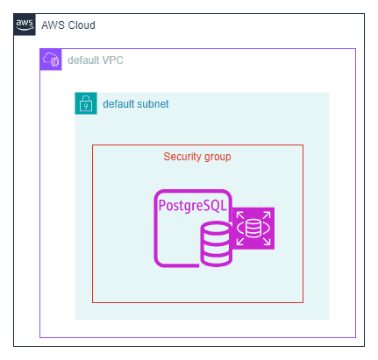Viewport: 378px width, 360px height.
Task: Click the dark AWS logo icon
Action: click(25, 25)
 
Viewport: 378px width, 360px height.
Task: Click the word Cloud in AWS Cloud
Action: click(82, 25)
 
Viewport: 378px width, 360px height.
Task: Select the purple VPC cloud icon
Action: click(51, 60)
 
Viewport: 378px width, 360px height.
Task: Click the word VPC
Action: click(112, 60)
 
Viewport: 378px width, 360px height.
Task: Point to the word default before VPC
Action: click(83, 60)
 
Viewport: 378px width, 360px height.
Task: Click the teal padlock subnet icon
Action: click(86, 103)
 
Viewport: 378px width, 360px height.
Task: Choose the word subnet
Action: click(153, 104)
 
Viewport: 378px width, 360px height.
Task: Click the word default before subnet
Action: click(118, 104)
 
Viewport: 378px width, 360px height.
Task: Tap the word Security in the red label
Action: click(182, 157)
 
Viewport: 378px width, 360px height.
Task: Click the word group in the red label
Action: click(218, 158)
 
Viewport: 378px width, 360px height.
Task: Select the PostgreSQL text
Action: click(192, 206)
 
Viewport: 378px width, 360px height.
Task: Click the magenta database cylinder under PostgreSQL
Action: click(216, 244)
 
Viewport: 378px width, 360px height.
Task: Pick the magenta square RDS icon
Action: click(253, 229)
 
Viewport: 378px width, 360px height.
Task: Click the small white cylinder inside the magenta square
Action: click(253, 229)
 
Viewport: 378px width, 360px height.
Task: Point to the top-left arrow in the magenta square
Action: click(240, 215)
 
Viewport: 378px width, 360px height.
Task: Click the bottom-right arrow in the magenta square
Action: click(267, 241)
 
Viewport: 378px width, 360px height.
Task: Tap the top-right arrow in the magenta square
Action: click(267, 215)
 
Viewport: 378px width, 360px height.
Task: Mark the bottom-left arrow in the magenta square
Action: click(240, 241)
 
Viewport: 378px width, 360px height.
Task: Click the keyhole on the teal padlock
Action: click(86, 107)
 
